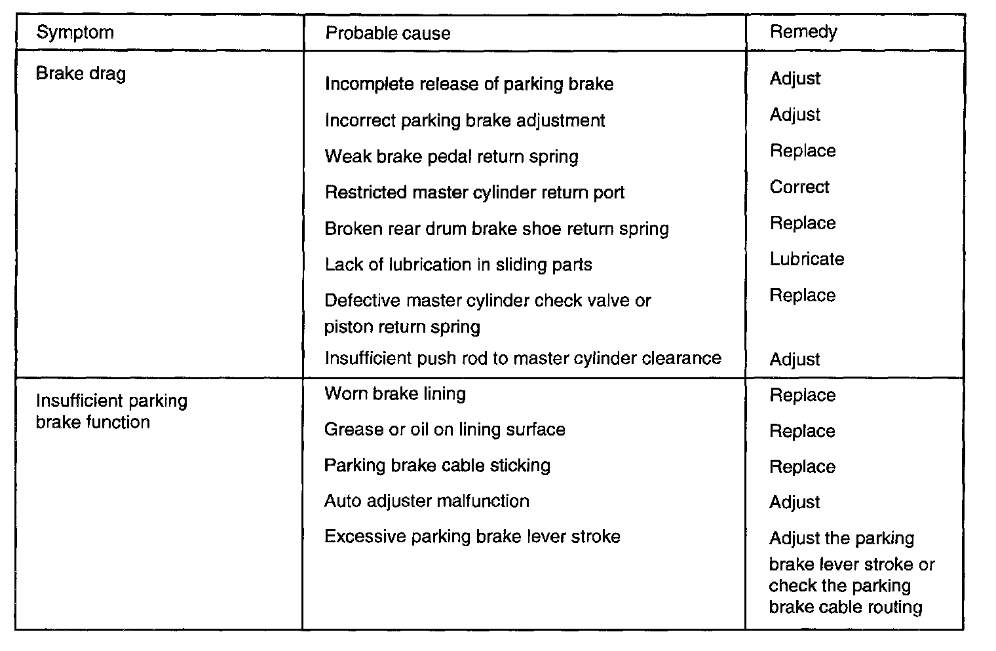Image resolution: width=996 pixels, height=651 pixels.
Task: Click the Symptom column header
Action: pyautogui.click(x=75, y=33)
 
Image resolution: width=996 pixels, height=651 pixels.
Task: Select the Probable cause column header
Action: pyautogui.click(x=388, y=33)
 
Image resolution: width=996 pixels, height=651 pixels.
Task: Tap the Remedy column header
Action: pyautogui.click(x=803, y=32)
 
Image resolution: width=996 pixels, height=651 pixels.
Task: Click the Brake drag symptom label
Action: pyautogui.click(x=81, y=73)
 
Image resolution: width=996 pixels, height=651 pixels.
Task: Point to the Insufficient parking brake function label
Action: pyautogui.click(x=111, y=411)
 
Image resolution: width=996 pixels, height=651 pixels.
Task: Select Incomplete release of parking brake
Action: pyautogui.click(x=469, y=84)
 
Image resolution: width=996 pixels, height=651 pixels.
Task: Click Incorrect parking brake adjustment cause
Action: pyautogui.click(x=465, y=121)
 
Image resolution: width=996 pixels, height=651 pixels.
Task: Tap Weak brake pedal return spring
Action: pyautogui.click(x=451, y=157)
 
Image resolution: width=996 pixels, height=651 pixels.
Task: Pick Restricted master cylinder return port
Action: pyautogui.click(x=474, y=193)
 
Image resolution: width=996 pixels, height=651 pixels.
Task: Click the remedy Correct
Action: pyautogui.click(x=799, y=187)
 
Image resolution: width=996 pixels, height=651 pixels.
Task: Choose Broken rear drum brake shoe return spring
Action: pyautogui.click(x=497, y=229)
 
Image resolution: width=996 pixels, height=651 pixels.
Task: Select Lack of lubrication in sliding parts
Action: pyautogui.click(x=458, y=265)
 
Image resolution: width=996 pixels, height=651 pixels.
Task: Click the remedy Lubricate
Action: pyautogui.click(x=807, y=259)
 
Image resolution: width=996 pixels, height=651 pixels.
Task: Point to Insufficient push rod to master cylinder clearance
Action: pyautogui.click(x=523, y=358)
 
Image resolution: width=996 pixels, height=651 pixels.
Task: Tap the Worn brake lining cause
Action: pyautogui.click(x=395, y=394)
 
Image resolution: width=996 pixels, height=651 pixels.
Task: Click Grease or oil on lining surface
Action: pyautogui.click(x=445, y=430)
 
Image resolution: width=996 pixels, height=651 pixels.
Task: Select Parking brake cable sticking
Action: pyautogui.click(x=437, y=466)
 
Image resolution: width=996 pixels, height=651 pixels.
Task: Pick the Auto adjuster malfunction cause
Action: pyautogui.click(x=427, y=501)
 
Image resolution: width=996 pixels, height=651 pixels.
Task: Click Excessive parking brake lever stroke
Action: pyautogui.click(x=472, y=537)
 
